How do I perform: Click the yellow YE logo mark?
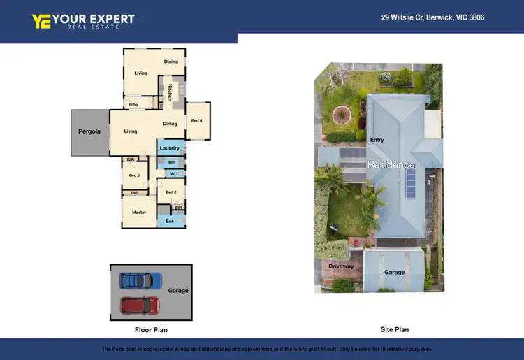(x=41, y=21)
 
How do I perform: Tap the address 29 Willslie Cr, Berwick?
(x=432, y=17)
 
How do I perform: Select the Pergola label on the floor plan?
(x=89, y=131)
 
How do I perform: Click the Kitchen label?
(x=170, y=92)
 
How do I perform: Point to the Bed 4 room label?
(x=197, y=120)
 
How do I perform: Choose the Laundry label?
(x=170, y=148)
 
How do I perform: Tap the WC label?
(x=173, y=173)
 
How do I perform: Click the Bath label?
(x=171, y=162)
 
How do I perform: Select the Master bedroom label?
(x=139, y=212)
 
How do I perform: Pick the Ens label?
(x=170, y=221)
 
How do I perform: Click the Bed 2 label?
(x=170, y=192)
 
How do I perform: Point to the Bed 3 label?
(x=135, y=175)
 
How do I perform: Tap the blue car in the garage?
(x=140, y=281)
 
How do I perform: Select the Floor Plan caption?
(x=151, y=330)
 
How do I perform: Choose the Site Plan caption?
(x=392, y=329)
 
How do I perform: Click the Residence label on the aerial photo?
(x=391, y=165)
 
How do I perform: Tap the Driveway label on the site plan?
(x=341, y=266)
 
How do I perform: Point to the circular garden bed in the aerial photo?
(x=342, y=114)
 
